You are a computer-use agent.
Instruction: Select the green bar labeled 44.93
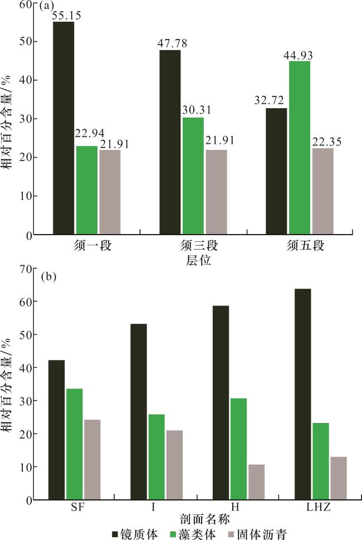click(x=299, y=148)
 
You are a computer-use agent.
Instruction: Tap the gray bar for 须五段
click(x=322, y=191)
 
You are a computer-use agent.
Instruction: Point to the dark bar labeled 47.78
click(x=170, y=142)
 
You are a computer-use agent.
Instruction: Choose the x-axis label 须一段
click(x=92, y=246)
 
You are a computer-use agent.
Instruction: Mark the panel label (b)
click(x=48, y=275)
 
